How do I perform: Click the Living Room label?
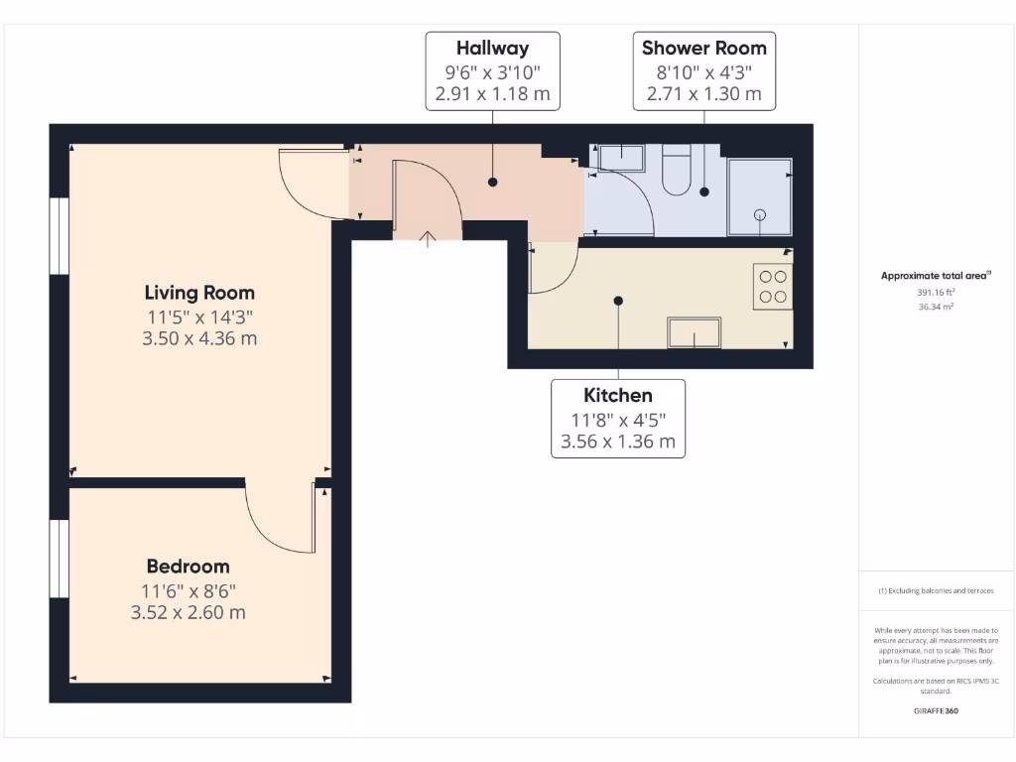pyautogui.click(x=199, y=293)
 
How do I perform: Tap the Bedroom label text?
pyautogui.click(x=188, y=567)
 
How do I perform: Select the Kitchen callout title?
pyautogui.click(x=618, y=396)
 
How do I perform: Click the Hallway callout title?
pyautogui.click(x=492, y=48)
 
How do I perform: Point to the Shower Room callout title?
pyautogui.click(x=703, y=48)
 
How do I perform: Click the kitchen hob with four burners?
pyautogui.click(x=773, y=287)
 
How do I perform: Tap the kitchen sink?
pyautogui.click(x=694, y=332)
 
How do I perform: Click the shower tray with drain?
pyautogui.click(x=759, y=197)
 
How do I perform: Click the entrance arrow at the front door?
pyautogui.click(x=428, y=239)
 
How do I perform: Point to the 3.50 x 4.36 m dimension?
pyautogui.click(x=199, y=338)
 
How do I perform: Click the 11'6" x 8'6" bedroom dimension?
pyautogui.click(x=188, y=590)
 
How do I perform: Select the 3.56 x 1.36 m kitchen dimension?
pyautogui.click(x=618, y=442)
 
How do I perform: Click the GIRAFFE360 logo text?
pyautogui.click(x=936, y=711)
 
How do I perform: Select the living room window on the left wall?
pyautogui.click(x=60, y=235)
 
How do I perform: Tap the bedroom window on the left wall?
pyautogui.click(x=60, y=559)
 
